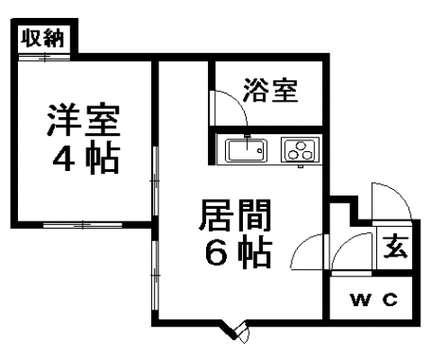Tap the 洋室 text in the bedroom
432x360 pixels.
83,120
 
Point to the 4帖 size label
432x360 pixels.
86,159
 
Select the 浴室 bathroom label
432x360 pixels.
271,90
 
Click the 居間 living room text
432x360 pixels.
235,215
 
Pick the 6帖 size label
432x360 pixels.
238,252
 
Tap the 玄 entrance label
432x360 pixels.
396,247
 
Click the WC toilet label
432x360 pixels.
374,300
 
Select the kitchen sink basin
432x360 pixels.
246,150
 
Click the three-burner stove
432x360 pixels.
300,149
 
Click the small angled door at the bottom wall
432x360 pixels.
241,332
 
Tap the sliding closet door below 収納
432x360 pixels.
44,57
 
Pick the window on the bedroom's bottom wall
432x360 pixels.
83,225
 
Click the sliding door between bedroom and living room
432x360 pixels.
155,181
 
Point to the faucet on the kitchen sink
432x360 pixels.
247,142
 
